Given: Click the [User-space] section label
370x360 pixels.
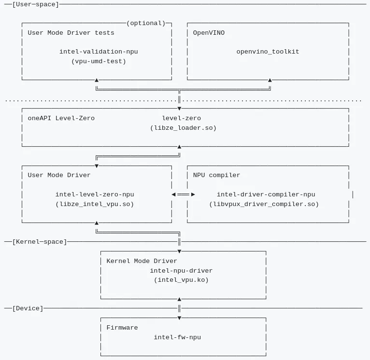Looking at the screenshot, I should coord(35,4).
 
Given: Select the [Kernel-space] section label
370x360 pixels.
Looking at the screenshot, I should coord(39,241).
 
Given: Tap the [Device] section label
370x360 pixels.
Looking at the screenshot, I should coord(28,308).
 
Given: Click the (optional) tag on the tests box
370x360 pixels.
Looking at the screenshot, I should coord(145,23).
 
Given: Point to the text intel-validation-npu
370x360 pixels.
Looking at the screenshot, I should coord(99,52).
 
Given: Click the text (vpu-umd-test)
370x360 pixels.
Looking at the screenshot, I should coord(99,61).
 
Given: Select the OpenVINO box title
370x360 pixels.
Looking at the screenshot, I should coord(209,33).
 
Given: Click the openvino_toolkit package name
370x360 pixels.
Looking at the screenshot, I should coord(268,52).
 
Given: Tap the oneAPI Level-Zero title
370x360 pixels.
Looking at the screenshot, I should coord(61,118).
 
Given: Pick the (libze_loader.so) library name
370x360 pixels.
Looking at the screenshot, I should coord(183,128).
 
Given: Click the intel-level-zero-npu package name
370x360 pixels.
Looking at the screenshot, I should coord(95,194).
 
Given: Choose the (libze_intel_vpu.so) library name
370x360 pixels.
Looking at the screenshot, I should coord(95,204).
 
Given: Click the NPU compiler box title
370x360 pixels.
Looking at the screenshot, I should coord(216,175).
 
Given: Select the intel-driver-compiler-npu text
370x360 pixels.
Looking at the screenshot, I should coord(266,194).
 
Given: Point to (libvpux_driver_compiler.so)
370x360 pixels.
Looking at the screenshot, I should coord(264,204).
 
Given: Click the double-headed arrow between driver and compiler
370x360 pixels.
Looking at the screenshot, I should coord(183,194).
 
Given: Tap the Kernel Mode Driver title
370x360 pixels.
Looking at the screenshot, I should coord(142,261).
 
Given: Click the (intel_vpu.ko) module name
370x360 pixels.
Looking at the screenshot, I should coord(181,280).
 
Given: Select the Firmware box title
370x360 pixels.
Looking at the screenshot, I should coord(122,328).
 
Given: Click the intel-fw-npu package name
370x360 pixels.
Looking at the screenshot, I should coord(177,337).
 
